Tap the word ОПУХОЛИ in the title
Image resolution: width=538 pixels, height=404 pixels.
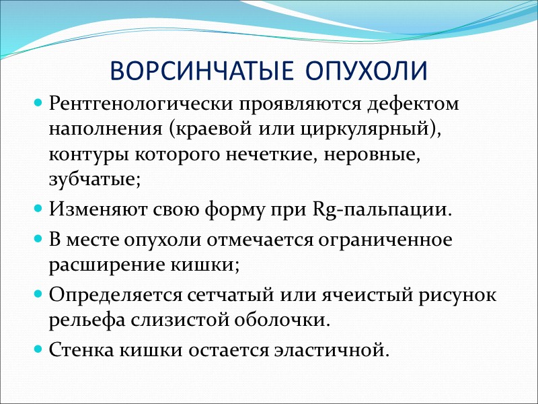click(364, 71)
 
